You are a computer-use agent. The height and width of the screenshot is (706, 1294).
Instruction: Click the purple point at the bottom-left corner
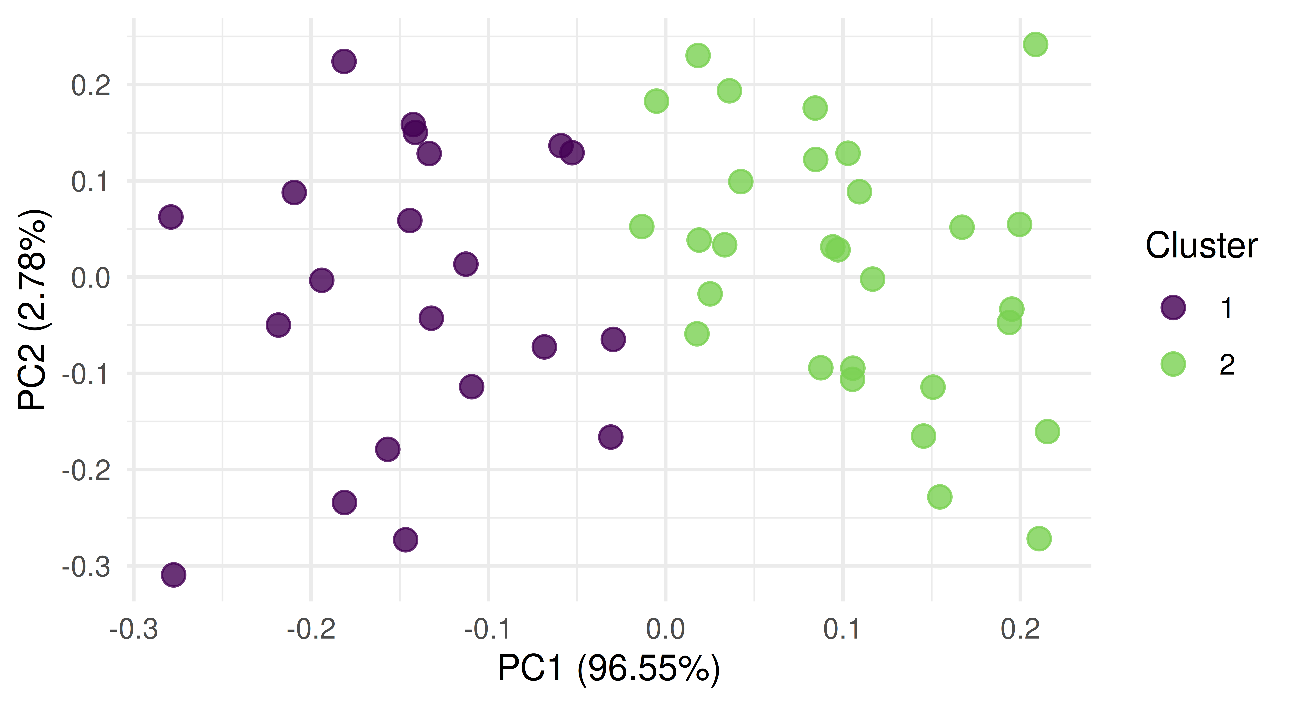[x=173, y=574]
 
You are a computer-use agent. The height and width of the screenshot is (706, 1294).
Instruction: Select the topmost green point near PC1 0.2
[x=1035, y=44]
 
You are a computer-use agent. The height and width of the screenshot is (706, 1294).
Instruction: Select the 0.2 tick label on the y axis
[x=90, y=86]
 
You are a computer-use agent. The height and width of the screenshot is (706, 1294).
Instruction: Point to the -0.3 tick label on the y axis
[x=85, y=567]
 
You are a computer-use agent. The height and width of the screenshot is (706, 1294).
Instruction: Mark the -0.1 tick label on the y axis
[x=85, y=374]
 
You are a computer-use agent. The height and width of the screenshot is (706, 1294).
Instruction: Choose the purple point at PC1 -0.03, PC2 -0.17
[x=610, y=437]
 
